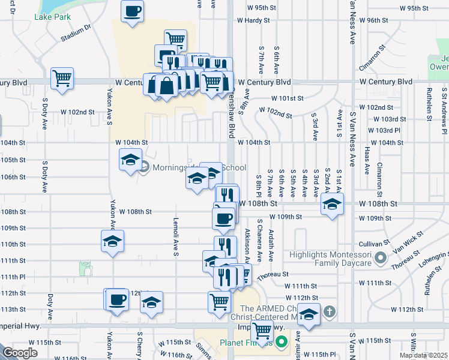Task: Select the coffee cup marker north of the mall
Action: (132, 11)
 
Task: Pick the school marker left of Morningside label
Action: (130, 160)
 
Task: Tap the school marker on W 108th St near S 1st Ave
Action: (332, 204)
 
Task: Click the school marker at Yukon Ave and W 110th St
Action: (112, 241)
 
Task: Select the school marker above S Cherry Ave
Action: (152, 302)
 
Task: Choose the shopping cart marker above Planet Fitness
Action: (262, 331)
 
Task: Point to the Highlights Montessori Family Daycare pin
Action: (379, 259)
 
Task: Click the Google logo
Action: (20, 353)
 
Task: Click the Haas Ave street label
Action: (367, 162)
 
